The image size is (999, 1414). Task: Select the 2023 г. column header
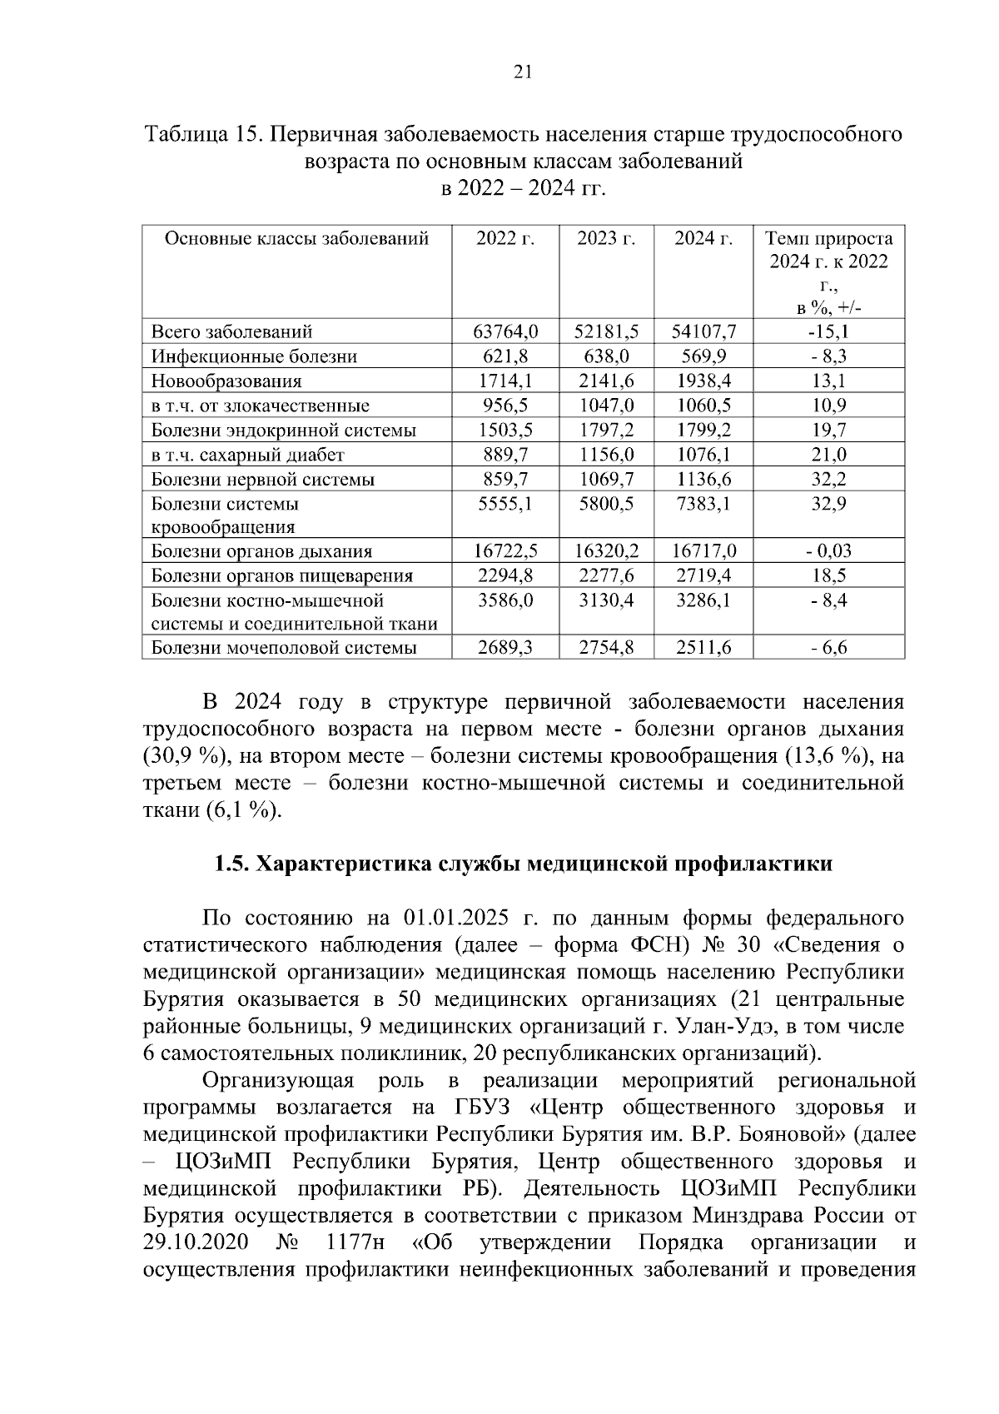coord(606,239)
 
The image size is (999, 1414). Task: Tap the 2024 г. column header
coord(703,239)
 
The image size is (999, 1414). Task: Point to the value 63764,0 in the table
coord(505,331)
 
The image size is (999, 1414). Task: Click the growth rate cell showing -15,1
coord(828,331)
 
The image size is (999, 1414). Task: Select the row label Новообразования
coord(226,381)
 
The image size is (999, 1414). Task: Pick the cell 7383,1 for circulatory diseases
coord(703,504)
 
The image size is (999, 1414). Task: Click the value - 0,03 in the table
coord(828,551)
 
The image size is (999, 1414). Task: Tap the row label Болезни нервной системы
coord(262,480)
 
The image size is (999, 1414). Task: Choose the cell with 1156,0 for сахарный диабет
coord(606,455)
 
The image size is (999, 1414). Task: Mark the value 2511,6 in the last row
coord(703,648)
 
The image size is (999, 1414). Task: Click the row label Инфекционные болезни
coord(254,356)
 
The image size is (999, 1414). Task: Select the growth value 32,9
coord(828,504)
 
